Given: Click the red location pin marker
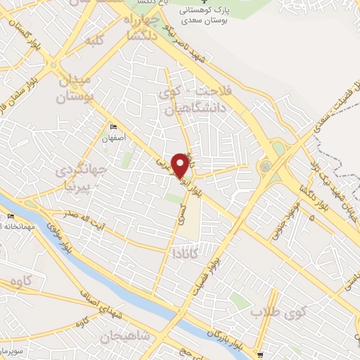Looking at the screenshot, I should click(181, 165).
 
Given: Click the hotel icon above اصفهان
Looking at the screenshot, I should click(113, 127).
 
